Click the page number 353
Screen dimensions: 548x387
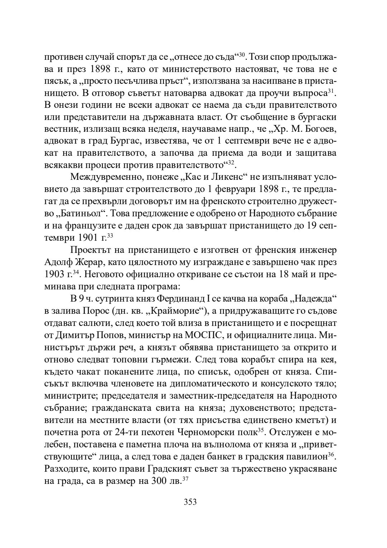click(190, 502)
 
